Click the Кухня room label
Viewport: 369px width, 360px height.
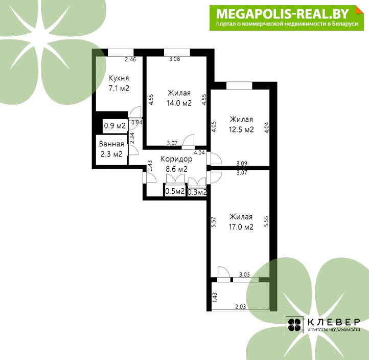coord(119,78)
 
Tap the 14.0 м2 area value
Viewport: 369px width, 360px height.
coord(179,103)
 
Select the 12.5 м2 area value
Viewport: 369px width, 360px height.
coord(241,129)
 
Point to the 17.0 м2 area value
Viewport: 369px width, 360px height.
coord(241,227)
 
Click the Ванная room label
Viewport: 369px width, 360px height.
coord(111,144)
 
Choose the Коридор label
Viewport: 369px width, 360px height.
coord(176,159)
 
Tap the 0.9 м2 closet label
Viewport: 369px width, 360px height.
coord(115,125)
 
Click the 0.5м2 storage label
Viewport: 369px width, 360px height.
coord(175,191)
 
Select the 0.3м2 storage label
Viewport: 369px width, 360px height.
coord(197,192)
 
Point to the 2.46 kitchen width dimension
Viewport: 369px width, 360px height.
coord(130,59)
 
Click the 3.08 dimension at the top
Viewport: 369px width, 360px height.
coord(175,59)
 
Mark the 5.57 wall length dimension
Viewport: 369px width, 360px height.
coord(214,221)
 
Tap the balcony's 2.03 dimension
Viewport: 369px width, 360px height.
coord(241,306)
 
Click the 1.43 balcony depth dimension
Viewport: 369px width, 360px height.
coord(215,298)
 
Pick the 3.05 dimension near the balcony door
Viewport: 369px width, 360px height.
coord(244,274)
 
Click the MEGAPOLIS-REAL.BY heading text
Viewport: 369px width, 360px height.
coord(283,14)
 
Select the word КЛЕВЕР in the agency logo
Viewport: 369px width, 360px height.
coord(334,322)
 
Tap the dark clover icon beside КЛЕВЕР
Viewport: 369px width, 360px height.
coord(294,325)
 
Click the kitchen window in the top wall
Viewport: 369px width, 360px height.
coord(121,53)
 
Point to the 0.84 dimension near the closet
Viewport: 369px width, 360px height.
coord(137,122)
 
